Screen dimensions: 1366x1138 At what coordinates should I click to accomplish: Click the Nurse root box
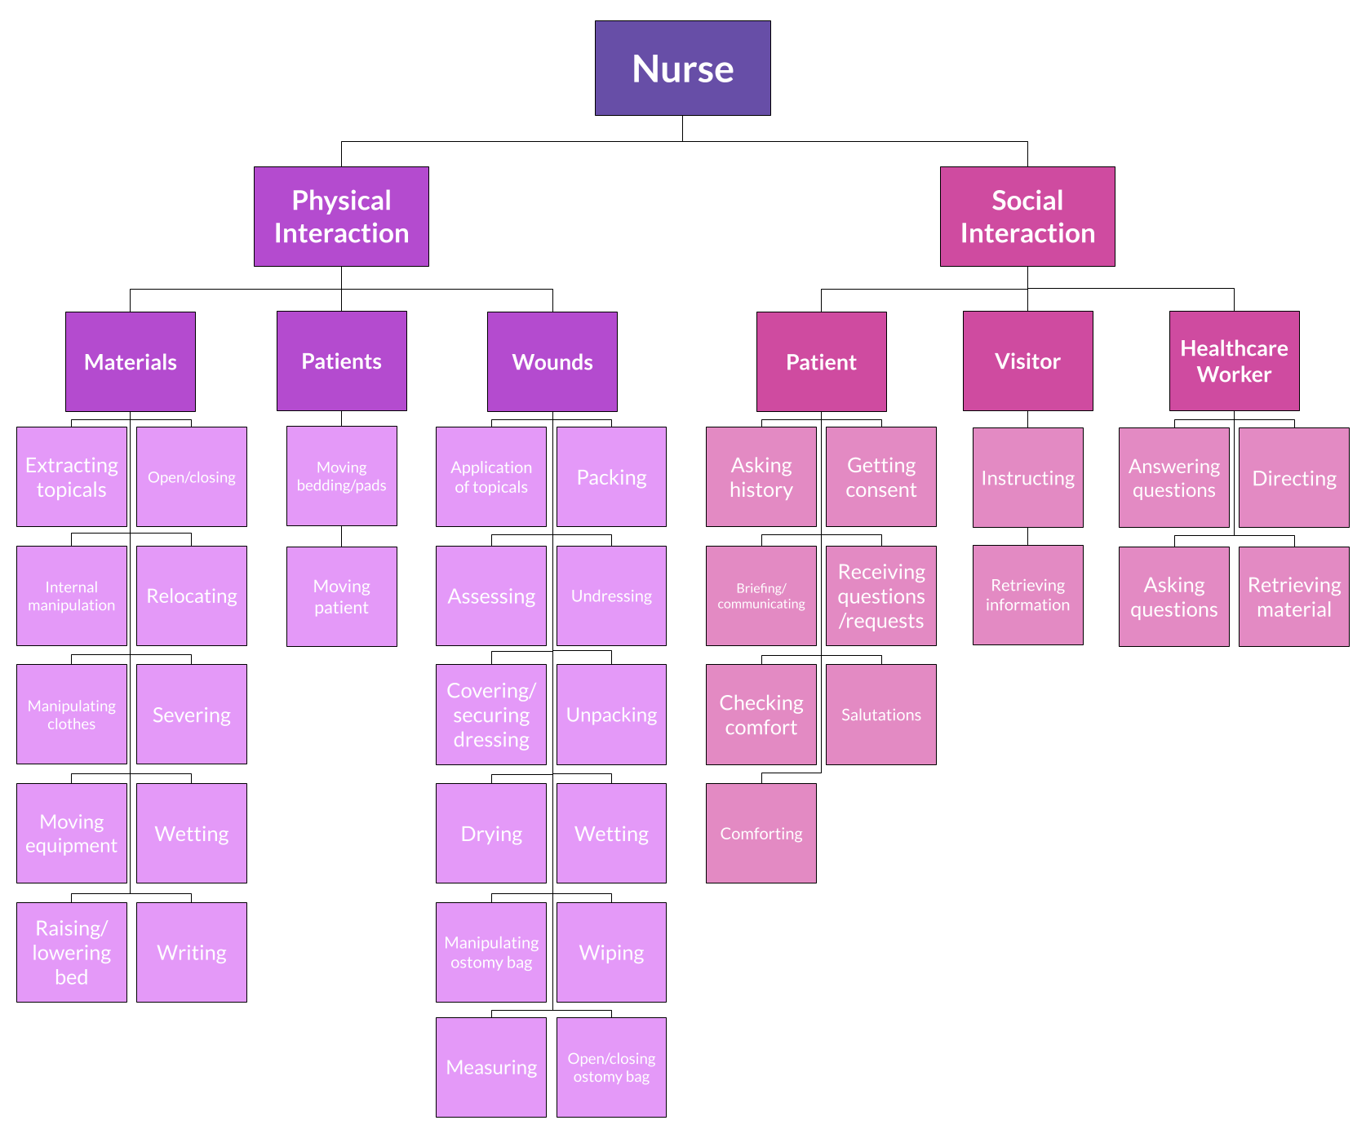[x=682, y=68]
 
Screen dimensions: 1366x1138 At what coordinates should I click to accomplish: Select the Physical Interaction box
[x=341, y=216]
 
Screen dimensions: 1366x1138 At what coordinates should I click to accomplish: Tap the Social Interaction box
[x=1027, y=216]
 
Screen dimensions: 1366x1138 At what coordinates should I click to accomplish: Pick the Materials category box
[x=131, y=361]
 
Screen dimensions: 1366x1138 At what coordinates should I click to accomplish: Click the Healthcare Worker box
[x=1234, y=361]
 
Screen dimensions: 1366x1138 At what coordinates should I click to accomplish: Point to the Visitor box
[x=1027, y=361]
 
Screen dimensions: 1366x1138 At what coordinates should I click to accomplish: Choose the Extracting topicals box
[x=72, y=476]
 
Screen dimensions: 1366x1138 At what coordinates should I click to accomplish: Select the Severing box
[x=192, y=714]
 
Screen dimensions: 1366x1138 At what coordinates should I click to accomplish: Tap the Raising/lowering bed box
[x=72, y=952]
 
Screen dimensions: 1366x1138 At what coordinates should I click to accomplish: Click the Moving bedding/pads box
[x=342, y=476]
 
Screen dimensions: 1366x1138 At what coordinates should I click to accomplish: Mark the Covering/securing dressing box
[x=491, y=714]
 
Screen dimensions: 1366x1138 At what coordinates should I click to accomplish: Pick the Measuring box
[x=491, y=1067]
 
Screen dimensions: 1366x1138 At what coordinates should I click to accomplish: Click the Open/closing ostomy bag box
[x=611, y=1067]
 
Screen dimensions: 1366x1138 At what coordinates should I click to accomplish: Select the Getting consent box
[x=881, y=476]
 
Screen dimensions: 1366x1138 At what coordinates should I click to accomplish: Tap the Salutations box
[x=881, y=714]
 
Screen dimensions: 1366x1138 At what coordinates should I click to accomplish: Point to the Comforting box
[x=761, y=833]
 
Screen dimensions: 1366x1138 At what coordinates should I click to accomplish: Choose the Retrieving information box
[x=1028, y=595]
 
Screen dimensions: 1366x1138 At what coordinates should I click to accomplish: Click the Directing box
[x=1294, y=477]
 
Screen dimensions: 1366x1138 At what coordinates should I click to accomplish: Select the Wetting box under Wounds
[x=611, y=833]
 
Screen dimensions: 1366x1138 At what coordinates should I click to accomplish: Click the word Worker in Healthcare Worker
[x=1234, y=374]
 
